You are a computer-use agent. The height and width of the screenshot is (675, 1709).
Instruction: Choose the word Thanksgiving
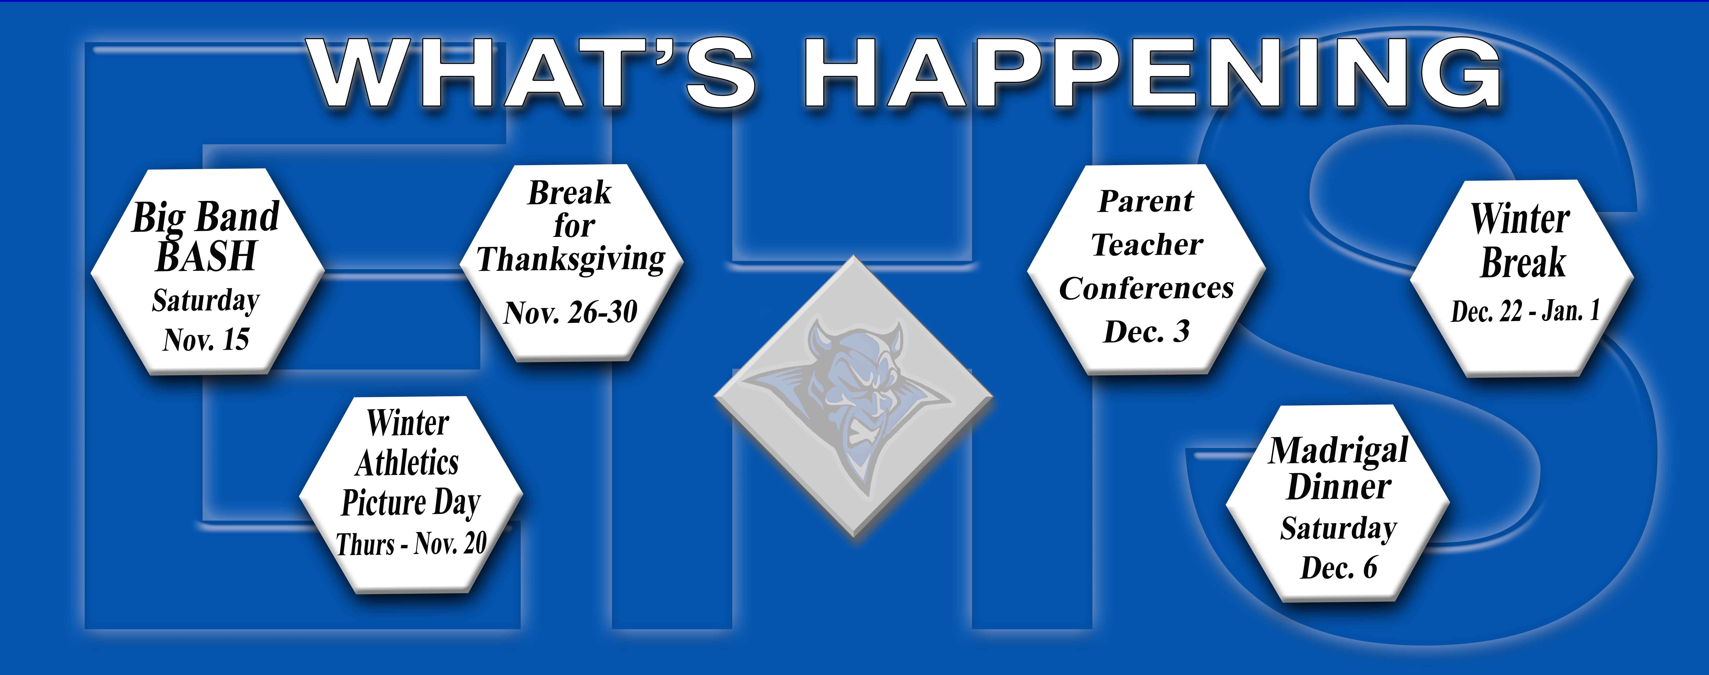[x=571, y=259]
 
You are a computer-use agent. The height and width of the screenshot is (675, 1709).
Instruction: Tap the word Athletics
[x=407, y=463]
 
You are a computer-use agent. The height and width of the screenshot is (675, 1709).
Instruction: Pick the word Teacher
[x=1146, y=245]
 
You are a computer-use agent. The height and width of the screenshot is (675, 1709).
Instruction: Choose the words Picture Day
[x=411, y=503]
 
